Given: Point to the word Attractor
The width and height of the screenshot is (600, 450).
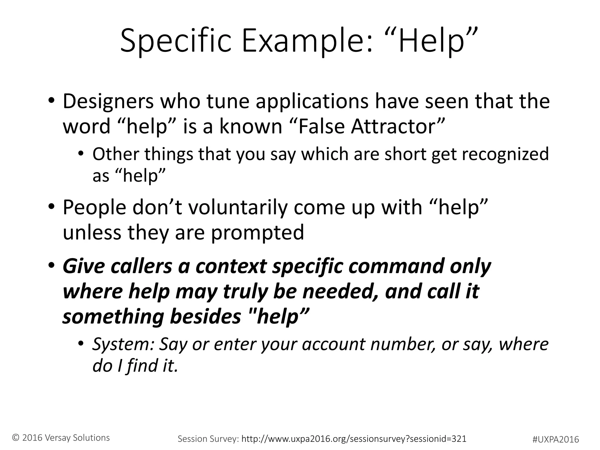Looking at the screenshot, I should click(x=398, y=127).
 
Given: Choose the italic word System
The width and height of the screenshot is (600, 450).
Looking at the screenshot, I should click(x=123, y=344).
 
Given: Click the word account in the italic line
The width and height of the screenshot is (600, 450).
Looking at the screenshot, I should click(x=333, y=344).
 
